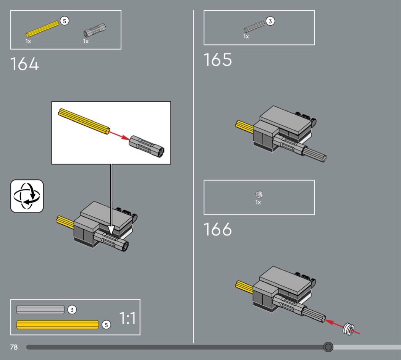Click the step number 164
[x=24, y=64]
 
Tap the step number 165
[x=218, y=60]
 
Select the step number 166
[x=218, y=229]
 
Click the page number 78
[x=14, y=347]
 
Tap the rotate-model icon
[x=27, y=196]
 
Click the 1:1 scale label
[x=127, y=318]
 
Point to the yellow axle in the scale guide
[x=58, y=325]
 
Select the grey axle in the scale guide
[x=40, y=309]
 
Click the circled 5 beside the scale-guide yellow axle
[x=107, y=325]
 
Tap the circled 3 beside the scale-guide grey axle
[x=72, y=310]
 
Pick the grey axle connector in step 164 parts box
[x=95, y=31]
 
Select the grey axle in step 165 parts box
[x=254, y=27]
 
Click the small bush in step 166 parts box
[x=259, y=195]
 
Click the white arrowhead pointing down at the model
[x=111, y=230]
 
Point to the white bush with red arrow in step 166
[x=349, y=329]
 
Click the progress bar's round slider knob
[x=328, y=347]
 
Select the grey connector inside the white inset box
[x=147, y=147]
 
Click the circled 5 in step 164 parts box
[x=65, y=21]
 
